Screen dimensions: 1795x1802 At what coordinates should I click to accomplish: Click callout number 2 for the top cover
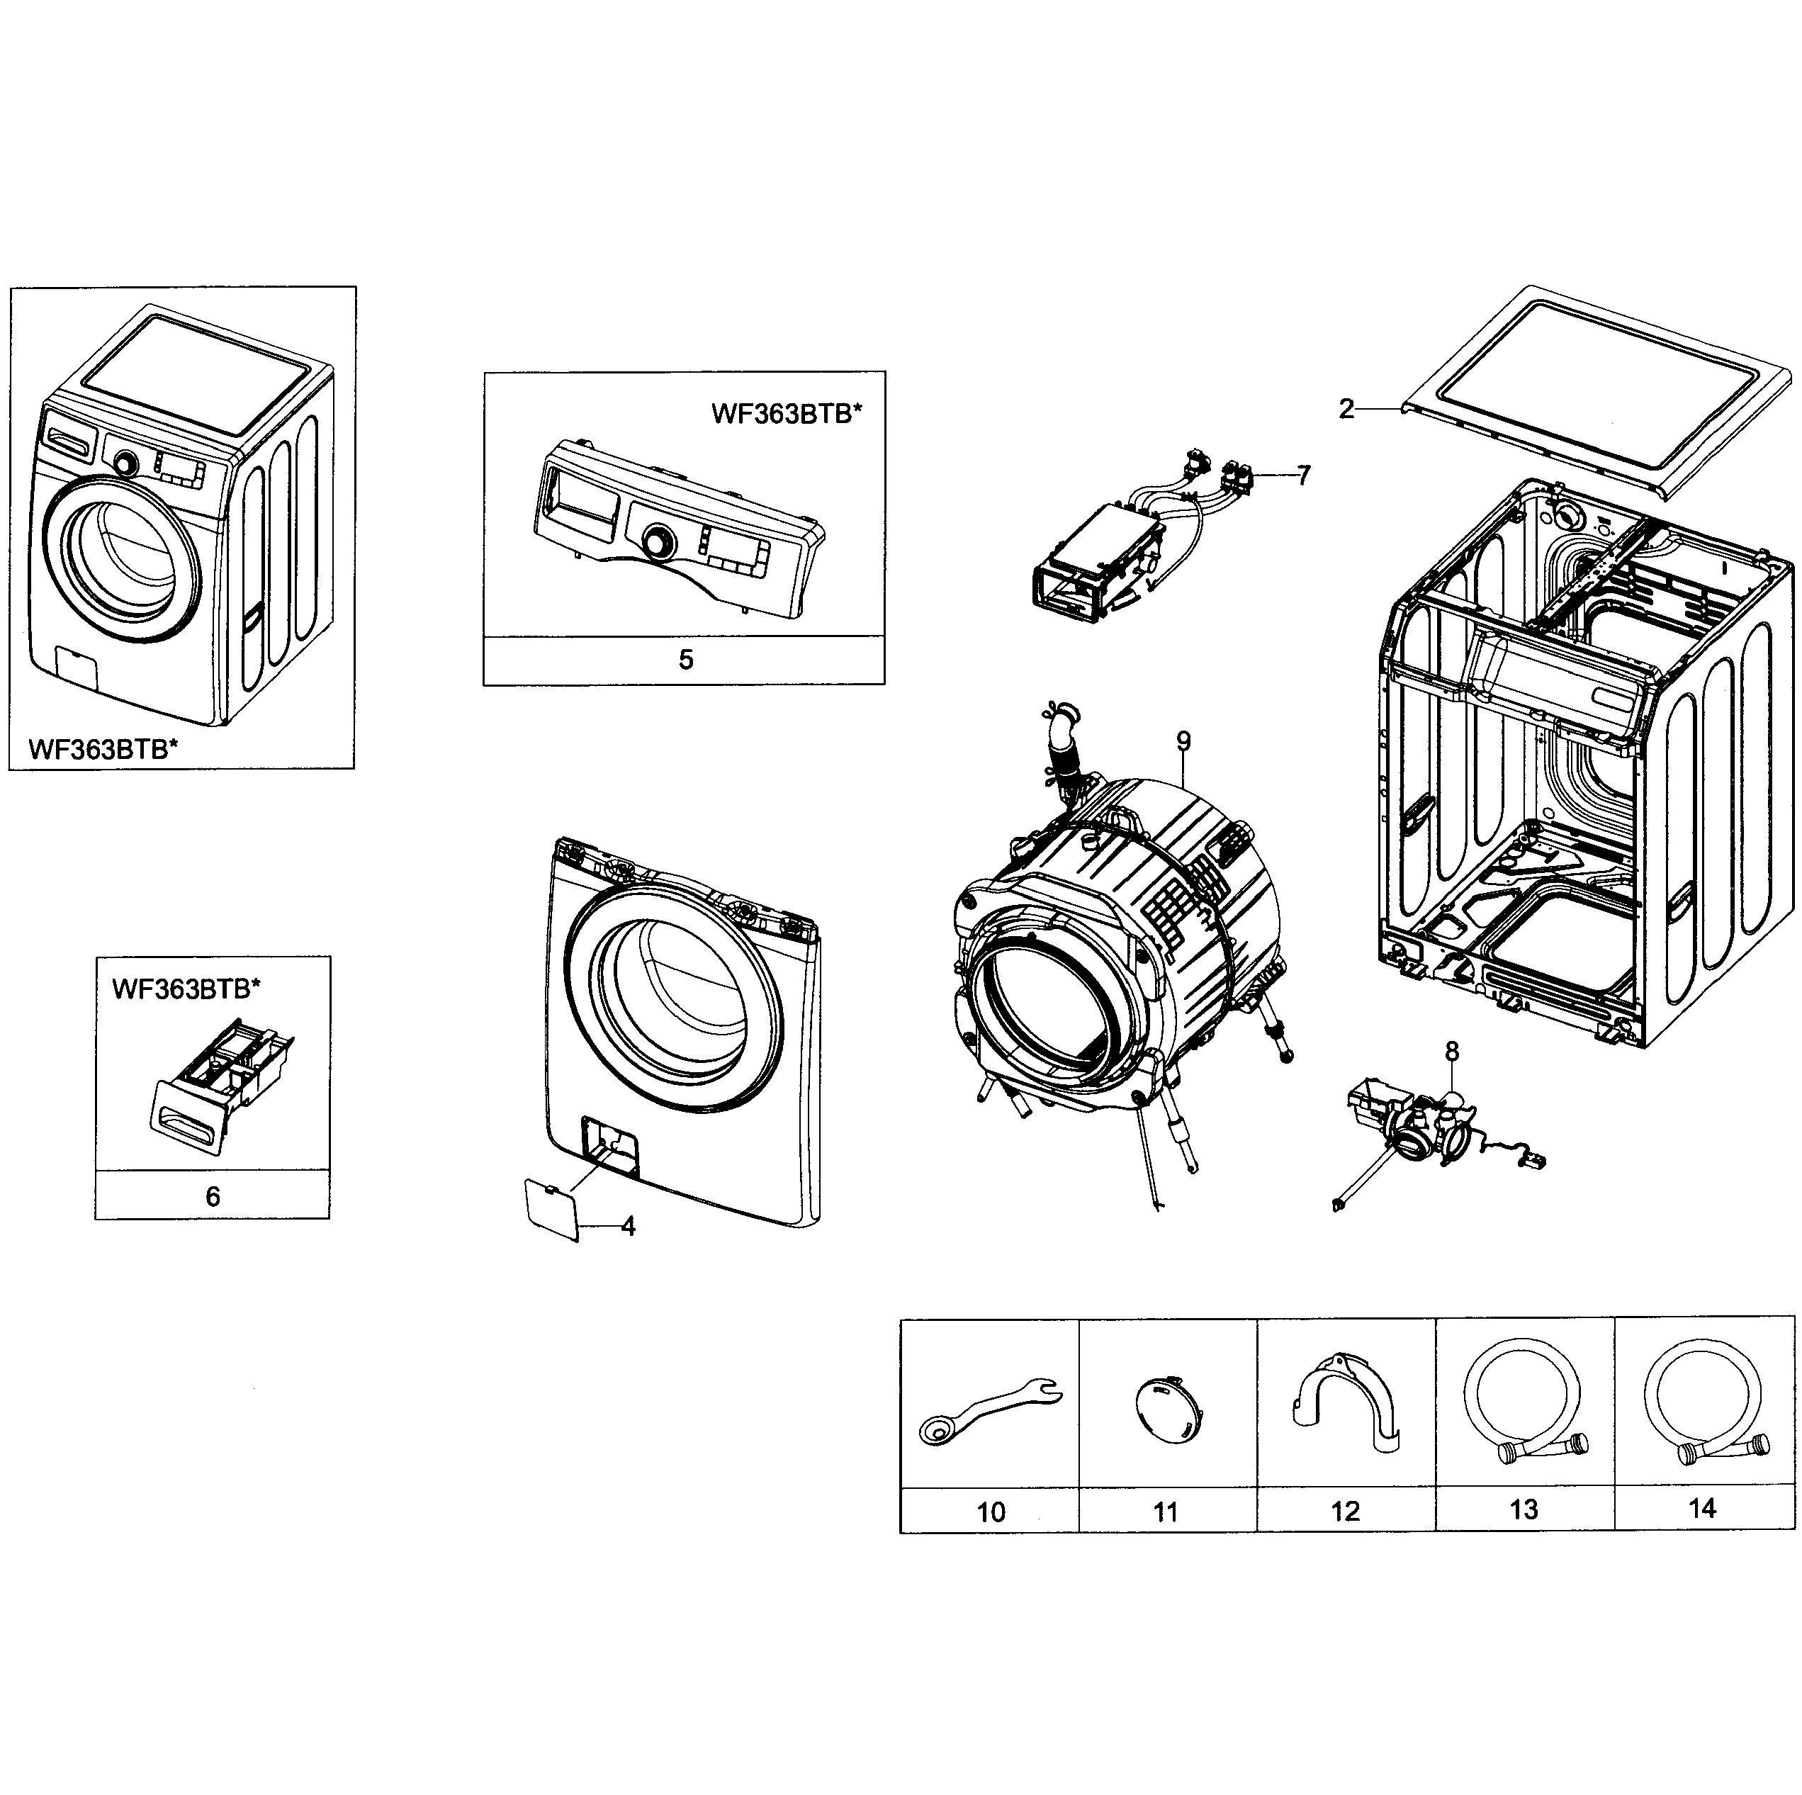[1345, 410]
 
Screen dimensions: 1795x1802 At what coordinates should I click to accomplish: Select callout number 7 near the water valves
[1303, 476]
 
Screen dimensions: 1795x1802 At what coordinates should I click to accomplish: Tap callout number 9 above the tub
[1183, 742]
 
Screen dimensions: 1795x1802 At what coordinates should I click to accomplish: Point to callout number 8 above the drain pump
[1452, 1052]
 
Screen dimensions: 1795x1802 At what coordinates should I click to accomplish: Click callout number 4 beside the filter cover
[628, 1227]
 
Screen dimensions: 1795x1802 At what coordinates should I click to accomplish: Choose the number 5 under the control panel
[685, 660]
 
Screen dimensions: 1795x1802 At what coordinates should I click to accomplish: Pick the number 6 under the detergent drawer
[213, 1197]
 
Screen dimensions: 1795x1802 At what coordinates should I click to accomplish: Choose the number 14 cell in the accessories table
[1702, 1509]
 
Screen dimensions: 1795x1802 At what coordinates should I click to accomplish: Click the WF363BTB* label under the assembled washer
[103, 749]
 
